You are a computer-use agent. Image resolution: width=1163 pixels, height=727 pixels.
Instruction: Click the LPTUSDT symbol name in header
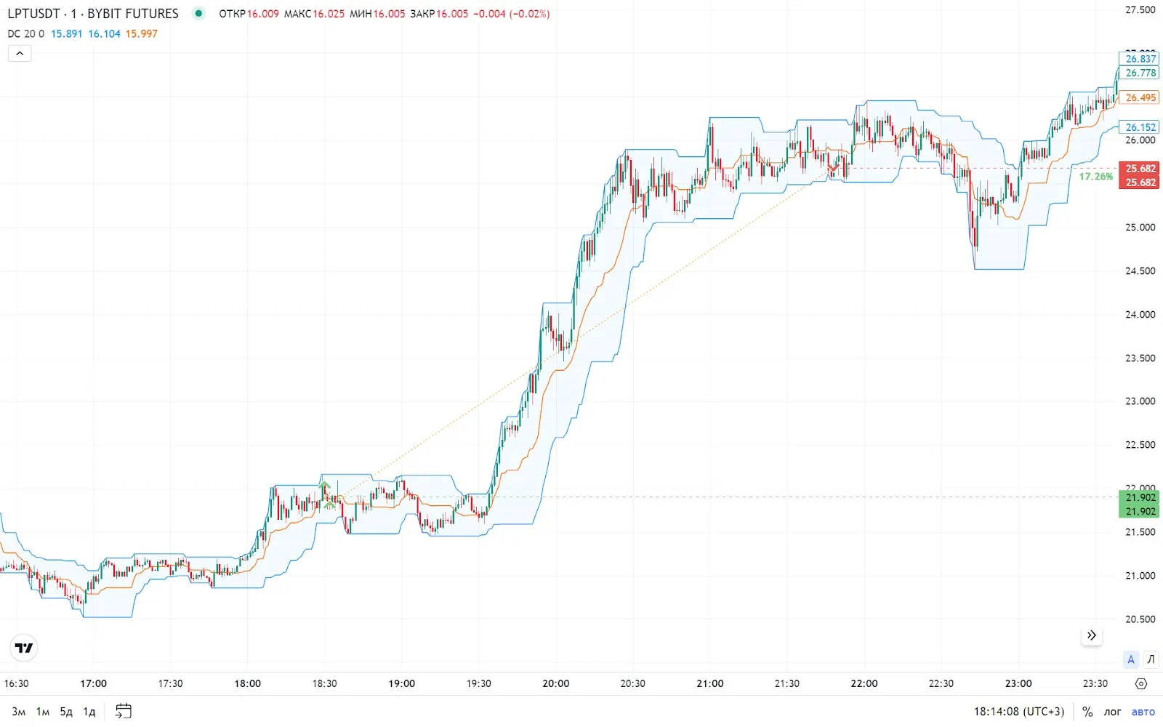click(33, 14)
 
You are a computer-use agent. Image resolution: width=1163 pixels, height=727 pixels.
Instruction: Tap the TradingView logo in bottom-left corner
click(24, 648)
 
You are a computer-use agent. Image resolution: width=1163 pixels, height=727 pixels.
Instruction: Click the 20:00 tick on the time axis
click(556, 683)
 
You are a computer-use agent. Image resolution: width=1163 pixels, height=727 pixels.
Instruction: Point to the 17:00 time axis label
click(93, 683)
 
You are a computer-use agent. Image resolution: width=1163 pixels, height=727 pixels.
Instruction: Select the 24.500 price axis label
click(1140, 271)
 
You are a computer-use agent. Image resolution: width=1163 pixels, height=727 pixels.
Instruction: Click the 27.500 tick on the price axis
click(1140, 10)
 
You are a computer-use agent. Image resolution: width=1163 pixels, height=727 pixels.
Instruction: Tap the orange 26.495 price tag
click(1140, 97)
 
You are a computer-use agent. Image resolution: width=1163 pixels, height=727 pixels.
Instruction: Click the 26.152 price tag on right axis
click(1140, 127)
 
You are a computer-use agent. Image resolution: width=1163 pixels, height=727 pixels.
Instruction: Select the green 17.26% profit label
click(1095, 177)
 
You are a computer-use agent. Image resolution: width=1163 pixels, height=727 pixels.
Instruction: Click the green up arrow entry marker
click(325, 485)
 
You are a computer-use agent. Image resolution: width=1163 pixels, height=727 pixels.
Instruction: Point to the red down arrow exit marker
click(833, 169)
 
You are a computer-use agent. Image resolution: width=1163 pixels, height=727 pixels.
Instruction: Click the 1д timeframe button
click(89, 712)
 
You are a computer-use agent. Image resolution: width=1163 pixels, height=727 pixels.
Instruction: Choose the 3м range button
click(19, 712)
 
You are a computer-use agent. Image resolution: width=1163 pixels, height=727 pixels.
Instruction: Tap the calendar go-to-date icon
click(124, 711)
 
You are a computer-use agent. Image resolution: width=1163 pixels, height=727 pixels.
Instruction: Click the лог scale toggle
click(1112, 712)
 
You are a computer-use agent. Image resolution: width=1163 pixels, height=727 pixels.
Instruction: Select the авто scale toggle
click(1143, 712)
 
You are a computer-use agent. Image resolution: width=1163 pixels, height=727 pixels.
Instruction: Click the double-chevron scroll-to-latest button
click(1091, 635)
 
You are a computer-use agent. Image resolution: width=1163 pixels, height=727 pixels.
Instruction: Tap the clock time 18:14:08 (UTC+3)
click(1018, 712)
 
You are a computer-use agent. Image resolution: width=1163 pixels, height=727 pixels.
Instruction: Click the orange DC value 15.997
click(141, 33)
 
